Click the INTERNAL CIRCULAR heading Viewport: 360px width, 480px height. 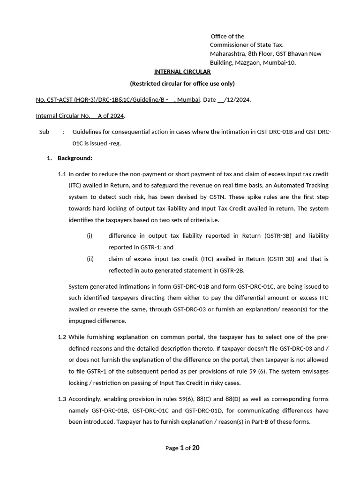tap(182, 72)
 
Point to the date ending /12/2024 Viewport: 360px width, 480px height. tap(234, 100)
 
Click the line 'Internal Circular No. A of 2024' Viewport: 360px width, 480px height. tap(81, 116)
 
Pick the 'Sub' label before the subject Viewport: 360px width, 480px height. tap(45, 132)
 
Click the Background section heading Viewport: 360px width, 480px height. tap(75, 158)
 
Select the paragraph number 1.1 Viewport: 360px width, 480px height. tap(62, 174)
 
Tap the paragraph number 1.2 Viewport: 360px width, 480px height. tap(62, 337)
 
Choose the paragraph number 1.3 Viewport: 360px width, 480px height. tap(62, 399)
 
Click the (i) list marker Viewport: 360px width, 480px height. tap(90, 236)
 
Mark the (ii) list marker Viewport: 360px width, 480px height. tap(90, 259)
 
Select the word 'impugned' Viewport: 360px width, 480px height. tap(84, 321)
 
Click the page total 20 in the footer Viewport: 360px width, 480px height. tap(196, 448)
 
